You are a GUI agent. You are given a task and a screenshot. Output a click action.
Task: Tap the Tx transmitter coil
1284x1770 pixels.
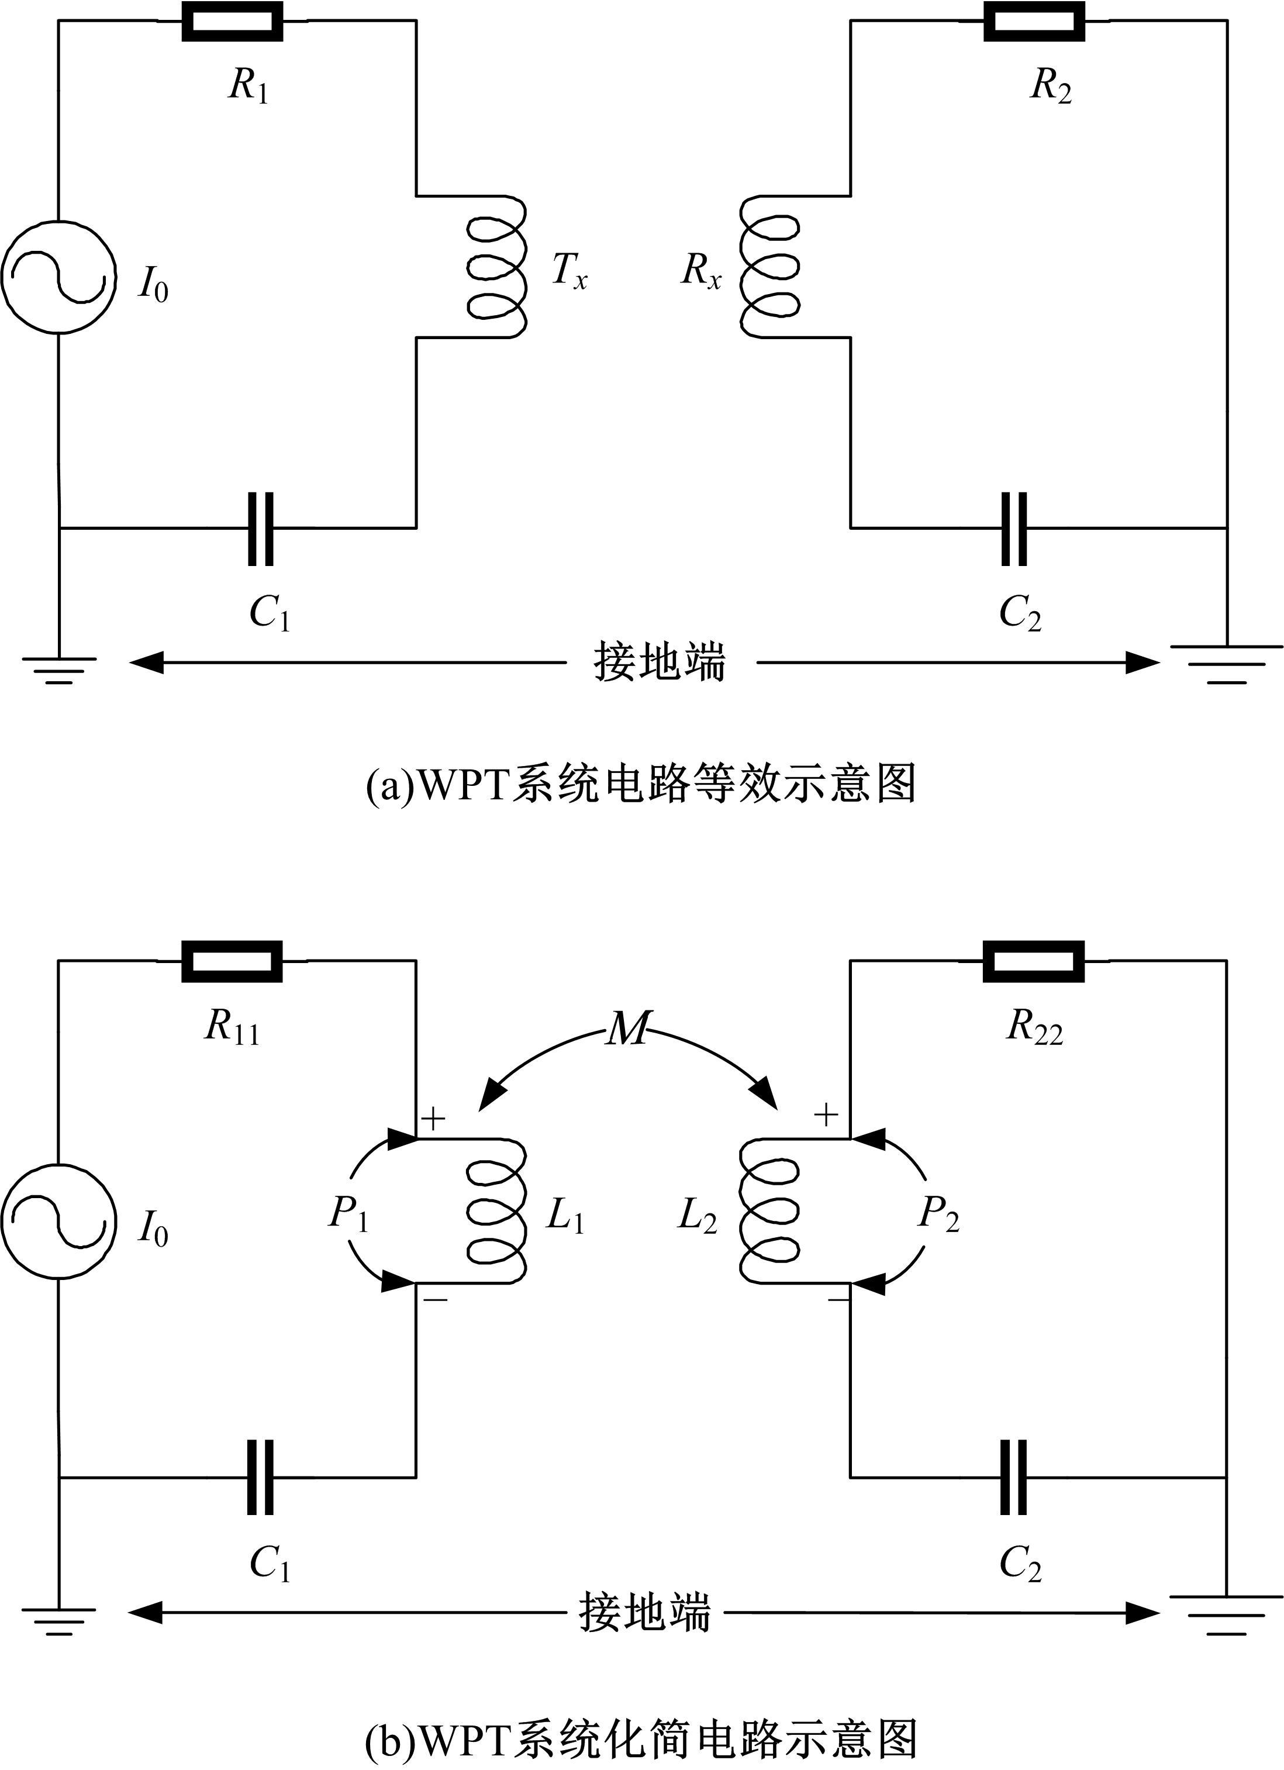pos(497,267)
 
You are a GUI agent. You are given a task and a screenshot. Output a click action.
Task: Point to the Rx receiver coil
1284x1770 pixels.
pos(769,267)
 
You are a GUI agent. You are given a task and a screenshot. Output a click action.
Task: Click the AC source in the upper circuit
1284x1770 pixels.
pos(59,277)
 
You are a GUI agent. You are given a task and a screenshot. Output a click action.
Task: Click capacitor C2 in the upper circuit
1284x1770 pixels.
pos(1014,529)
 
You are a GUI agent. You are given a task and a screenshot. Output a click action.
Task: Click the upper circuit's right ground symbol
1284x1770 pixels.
pos(1226,663)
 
